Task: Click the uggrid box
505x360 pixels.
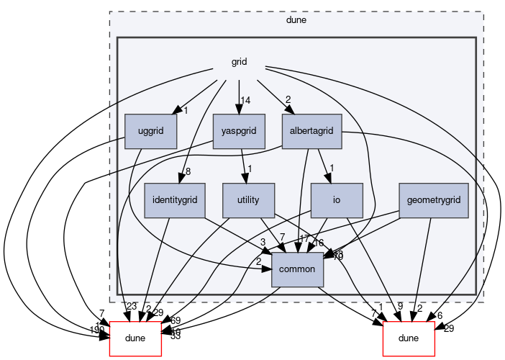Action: (151, 132)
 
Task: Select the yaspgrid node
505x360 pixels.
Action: (239, 132)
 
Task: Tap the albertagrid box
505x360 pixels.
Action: (311, 132)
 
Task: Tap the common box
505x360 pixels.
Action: (297, 269)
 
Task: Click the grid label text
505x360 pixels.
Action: (240, 62)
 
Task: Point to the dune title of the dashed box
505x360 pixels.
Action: (296, 20)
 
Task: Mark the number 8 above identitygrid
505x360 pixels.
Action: (188, 171)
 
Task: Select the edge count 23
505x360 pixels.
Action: (131, 307)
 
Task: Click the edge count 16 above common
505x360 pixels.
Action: (318, 243)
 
